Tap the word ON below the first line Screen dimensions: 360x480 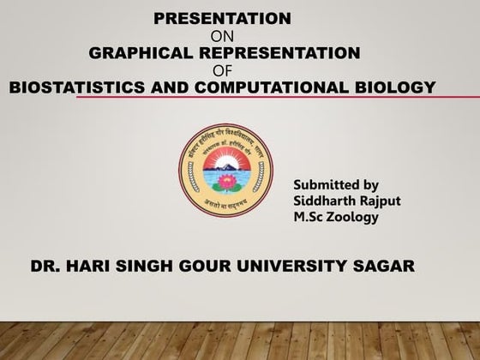pos(221,36)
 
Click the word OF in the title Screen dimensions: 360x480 pos(222,70)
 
